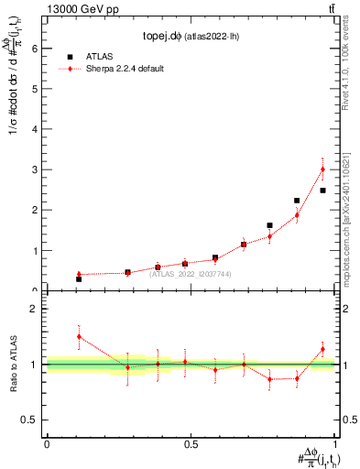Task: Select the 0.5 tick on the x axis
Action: point(191,445)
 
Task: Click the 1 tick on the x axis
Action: point(335,445)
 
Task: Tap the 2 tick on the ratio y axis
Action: point(35,309)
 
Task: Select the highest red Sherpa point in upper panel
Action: point(322,169)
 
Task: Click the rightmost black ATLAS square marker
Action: point(322,191)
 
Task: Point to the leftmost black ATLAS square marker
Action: point(79,278)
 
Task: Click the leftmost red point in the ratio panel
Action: point(79,336)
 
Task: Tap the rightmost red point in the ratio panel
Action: point(322,349)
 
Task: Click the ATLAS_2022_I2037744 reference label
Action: point(190,273)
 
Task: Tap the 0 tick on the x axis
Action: point(47,445)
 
